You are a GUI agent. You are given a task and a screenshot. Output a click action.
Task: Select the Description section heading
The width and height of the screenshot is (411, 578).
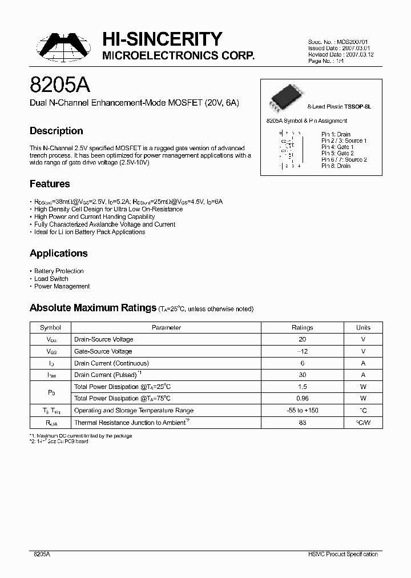click(56, 131)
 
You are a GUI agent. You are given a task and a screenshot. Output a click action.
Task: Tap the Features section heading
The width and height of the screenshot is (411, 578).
click(50, 184)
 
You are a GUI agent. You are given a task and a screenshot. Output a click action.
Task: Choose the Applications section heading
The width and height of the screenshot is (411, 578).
click(58, 253)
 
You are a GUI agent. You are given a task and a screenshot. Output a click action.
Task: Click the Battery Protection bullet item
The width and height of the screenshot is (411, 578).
click(59, 271)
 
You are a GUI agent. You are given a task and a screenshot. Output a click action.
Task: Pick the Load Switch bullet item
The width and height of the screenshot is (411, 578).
click(51, 279)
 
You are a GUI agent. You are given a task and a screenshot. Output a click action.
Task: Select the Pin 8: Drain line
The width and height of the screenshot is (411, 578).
click(336, 166)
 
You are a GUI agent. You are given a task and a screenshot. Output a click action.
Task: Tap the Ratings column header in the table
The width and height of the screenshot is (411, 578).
click(302, 328)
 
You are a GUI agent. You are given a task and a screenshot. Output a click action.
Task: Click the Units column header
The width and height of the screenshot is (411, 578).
click(363, 328)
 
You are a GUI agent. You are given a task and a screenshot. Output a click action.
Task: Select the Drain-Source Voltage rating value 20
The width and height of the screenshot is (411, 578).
click(302, 339)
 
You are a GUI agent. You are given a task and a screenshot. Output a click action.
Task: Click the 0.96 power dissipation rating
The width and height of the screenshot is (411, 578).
click(302, 399)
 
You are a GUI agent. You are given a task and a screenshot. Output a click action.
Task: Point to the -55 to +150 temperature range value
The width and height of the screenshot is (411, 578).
click(302, 411)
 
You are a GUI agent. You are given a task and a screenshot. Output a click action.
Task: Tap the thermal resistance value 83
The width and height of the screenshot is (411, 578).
click(302, 423)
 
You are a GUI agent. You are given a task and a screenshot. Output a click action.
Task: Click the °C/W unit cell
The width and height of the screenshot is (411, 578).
click(363, 423)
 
